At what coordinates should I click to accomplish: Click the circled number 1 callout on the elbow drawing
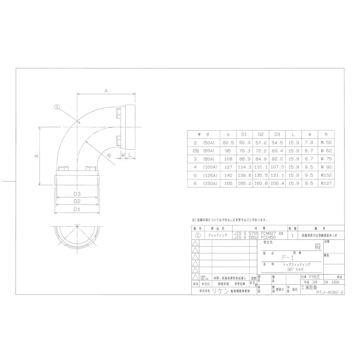(x=57, y=107)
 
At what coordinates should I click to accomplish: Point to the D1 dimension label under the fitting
(x=75, y=209)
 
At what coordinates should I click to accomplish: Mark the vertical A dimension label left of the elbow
(x=36, y=157)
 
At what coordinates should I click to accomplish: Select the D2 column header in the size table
(x=260, y=135)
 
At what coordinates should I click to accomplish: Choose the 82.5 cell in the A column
(x=228, y=143)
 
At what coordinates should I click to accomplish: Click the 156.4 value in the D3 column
(x=277, y=183)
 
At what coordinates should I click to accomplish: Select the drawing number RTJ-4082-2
(x=329, y=292)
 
